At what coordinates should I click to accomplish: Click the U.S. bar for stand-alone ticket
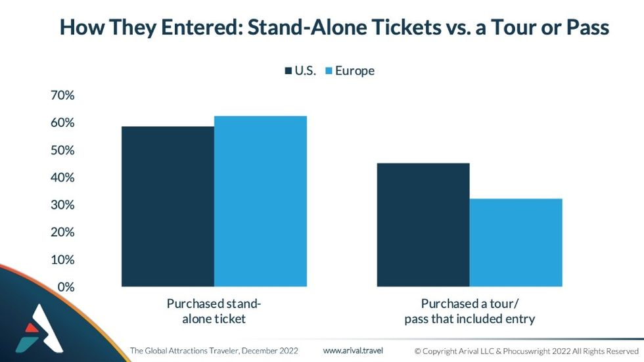(x=168, y=206)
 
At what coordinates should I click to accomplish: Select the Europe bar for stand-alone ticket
(x=260, y=201)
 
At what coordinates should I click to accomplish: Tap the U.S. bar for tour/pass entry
(x=423, y=225)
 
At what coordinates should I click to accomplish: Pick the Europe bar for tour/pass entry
(x=516, y=242)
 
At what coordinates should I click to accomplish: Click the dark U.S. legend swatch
(x=288, y=71)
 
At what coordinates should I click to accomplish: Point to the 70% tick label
(x=62, y=95)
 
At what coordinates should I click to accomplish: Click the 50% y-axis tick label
(x=62, y=150)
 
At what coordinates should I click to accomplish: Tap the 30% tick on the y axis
(x=62, y=205)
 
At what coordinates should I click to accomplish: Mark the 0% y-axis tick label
(x=66, y=287)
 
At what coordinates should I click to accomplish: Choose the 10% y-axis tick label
(x=62, y=260)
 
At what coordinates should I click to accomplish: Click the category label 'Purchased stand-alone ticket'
(x=214, y=311)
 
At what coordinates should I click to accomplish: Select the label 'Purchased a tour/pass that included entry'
(x=469, y=311)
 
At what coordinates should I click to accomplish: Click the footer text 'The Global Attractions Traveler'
(x=185, y=351)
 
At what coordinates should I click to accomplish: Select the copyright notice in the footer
(x=526, y=351)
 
